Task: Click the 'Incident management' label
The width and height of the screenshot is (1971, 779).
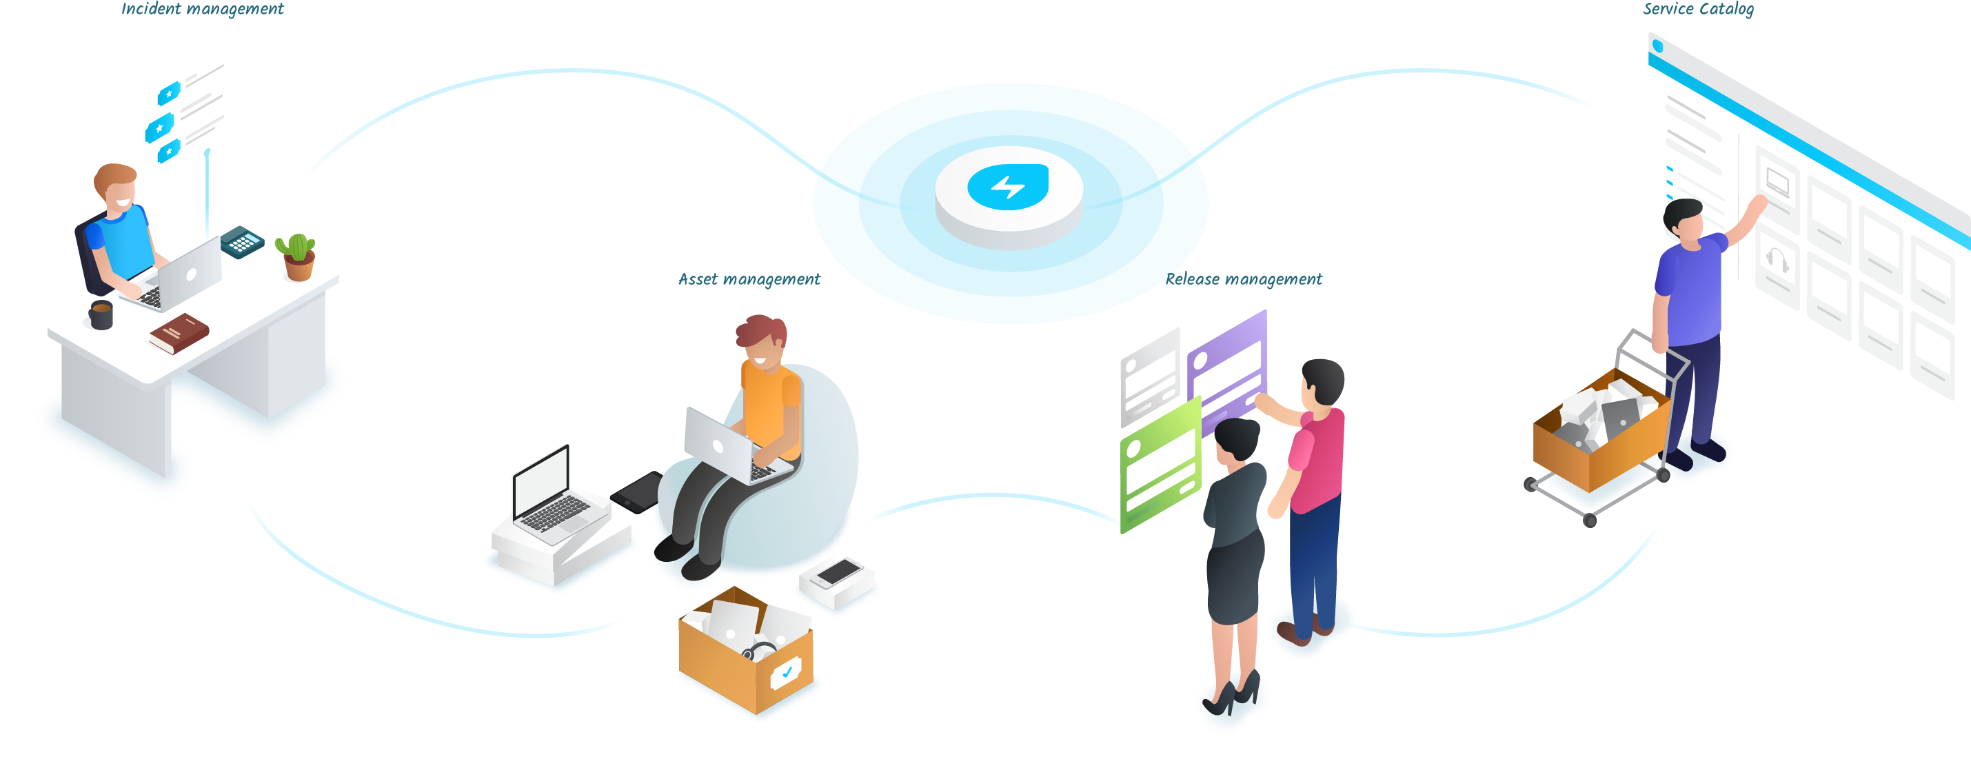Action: (202, 9)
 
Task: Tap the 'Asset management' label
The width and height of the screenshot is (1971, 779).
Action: (749, 279)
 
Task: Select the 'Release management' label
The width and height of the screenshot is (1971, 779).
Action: (1244, 279)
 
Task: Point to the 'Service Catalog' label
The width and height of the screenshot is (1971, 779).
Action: (1698, 9)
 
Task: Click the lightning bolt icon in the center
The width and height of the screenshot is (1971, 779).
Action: (1008, 187)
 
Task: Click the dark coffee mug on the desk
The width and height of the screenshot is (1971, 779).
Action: (101, 314)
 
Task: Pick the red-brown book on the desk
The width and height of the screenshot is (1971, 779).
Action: (179, 333)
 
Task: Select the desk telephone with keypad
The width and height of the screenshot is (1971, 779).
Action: (242, 242)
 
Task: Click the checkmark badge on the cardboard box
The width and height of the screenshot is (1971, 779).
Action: (786, 674)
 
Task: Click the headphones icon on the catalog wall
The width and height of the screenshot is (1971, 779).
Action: (1777, 260)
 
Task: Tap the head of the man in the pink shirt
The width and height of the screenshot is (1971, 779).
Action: (1323, 381)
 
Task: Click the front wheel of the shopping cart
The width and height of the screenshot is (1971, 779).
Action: (1589, 521)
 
